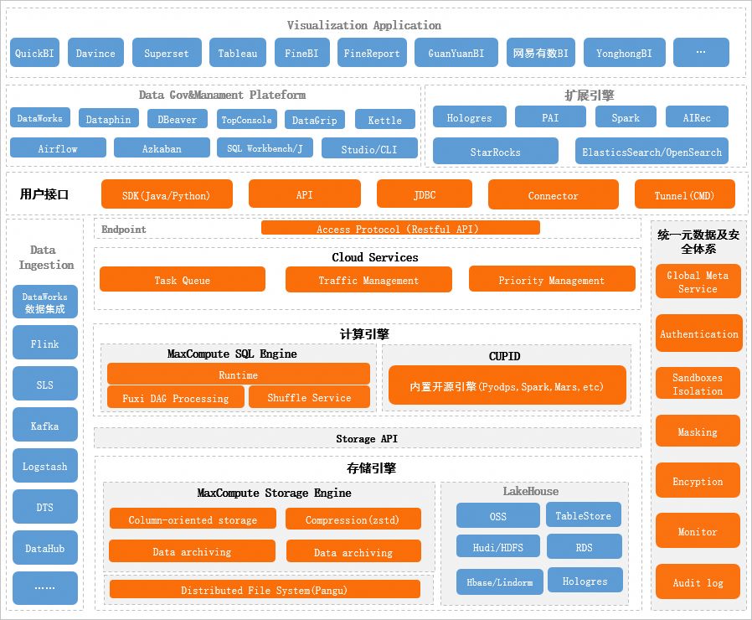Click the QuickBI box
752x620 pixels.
tap(34, 52)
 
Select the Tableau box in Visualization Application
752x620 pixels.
tap(237, 52)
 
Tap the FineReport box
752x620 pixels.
tap(372, 52)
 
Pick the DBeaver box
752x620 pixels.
tap(177, 118)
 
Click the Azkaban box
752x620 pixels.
tap(162, 147)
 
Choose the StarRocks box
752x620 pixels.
tap(496, 151)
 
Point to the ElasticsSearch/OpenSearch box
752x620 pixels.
tap(652, 151)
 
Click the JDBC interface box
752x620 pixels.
tap(425, 194)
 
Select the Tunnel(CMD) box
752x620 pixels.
tap(684, 194)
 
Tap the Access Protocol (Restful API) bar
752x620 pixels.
tap(400, 227)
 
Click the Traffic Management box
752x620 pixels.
tap(368, 279)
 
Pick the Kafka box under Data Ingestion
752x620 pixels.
tap(45, 424)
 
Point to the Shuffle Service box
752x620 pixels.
tap(309, 397)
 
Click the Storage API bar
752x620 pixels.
tap(368, 437)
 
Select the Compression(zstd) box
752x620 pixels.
tap(353, 519)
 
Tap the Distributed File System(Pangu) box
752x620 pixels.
tap(265, 589)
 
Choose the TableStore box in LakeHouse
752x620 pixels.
tap(583, 514)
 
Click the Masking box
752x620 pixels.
tap(698, 431)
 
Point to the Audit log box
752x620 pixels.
tap(698, 581)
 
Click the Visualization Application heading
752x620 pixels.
tap(364, 25)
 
